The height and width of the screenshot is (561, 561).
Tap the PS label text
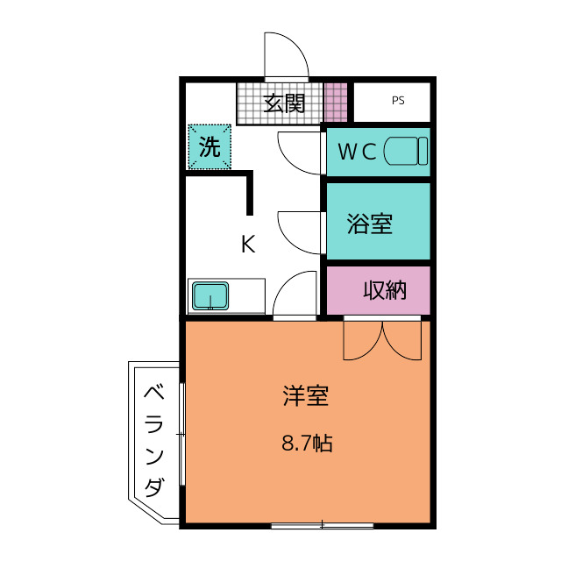(399, 101)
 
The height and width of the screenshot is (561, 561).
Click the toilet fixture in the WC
(406, 151)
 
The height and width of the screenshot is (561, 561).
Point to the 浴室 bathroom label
(369, 224)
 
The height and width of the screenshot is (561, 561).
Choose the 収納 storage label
(386, 290)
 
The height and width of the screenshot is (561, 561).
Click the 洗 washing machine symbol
(209, 147)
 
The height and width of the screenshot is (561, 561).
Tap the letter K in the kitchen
(248, 245)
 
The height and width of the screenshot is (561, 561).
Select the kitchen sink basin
(210, 295)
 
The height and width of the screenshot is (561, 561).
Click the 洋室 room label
(305, 397)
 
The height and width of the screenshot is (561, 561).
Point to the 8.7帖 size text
(306, 444)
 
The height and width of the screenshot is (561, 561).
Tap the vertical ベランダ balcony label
(154, 438)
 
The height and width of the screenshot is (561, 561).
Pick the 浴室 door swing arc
(299, 231)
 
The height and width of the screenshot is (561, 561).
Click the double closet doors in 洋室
(382, 340)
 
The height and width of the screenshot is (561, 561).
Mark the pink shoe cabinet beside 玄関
(336, 103)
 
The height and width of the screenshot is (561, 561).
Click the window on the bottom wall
(323, 525)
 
